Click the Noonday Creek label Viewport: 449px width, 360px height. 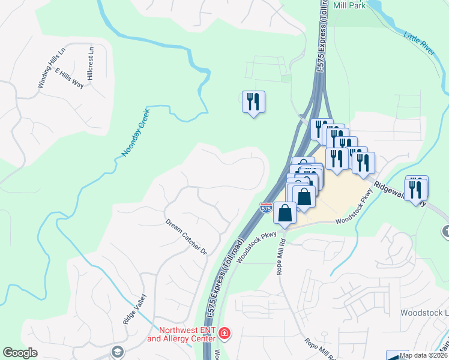point(134,133)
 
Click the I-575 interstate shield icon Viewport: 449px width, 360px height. point(266,208)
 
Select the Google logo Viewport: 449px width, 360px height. point(20,353)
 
